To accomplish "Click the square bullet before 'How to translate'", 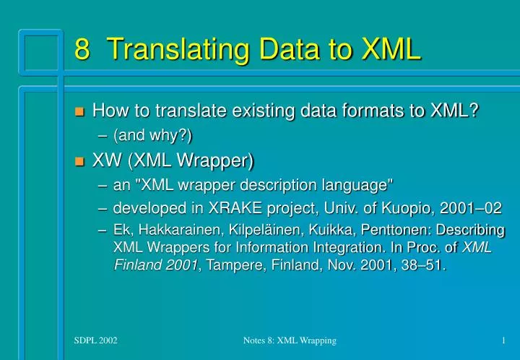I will click(x=79, y=112).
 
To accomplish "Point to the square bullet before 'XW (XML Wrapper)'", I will click(x=79, y=159).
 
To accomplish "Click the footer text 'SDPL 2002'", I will click(x=95, y=340).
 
